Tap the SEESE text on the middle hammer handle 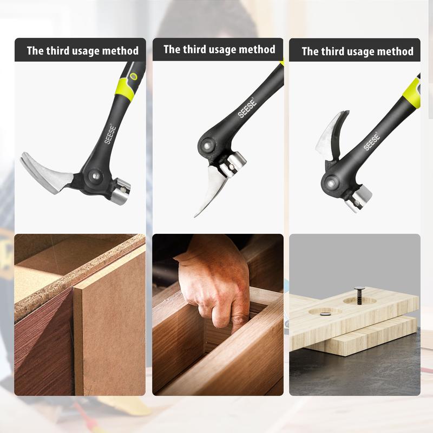[x=246, y=107]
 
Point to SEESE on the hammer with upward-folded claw [x=372, y=141]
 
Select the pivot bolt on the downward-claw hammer [x=206, y=145]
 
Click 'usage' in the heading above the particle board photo [x=82, y=51]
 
